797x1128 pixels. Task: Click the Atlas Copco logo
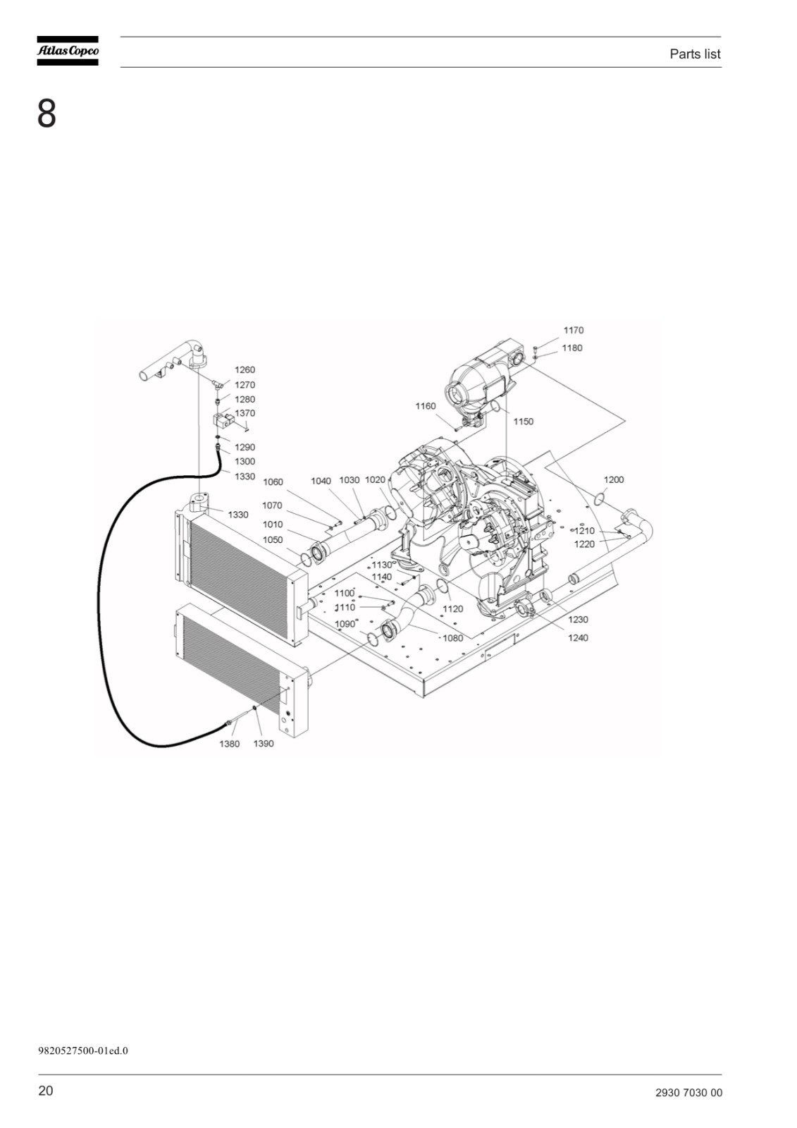click(x=68, y=51)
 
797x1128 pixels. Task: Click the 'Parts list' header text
click(x=695, y=54)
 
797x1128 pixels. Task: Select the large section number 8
click(x=47, y=114)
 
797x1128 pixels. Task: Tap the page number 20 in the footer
click(x=45, y=1090)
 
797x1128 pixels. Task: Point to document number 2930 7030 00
click(x=688, y=1092)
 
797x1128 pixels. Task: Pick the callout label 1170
click(x=574, y=331)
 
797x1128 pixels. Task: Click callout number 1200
click(x=614, y=480)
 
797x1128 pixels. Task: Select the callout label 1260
click(x=245, y=369)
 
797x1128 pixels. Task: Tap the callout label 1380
click(x=229, y=744)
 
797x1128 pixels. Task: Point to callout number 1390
click(x=264, y=744)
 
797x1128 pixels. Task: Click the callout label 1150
click(x=523, y=422)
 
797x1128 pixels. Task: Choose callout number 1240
click(x=578, y=638)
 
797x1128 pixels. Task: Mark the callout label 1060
click(x=273, y=482)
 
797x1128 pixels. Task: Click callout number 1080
click(x=452, y=639)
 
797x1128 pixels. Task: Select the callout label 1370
click(x=245, y=413)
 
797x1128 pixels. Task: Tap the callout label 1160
click(x=426, y=406)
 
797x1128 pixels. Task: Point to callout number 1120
click(x=452, y=609)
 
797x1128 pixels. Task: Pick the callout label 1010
click(x=273, y=525)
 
